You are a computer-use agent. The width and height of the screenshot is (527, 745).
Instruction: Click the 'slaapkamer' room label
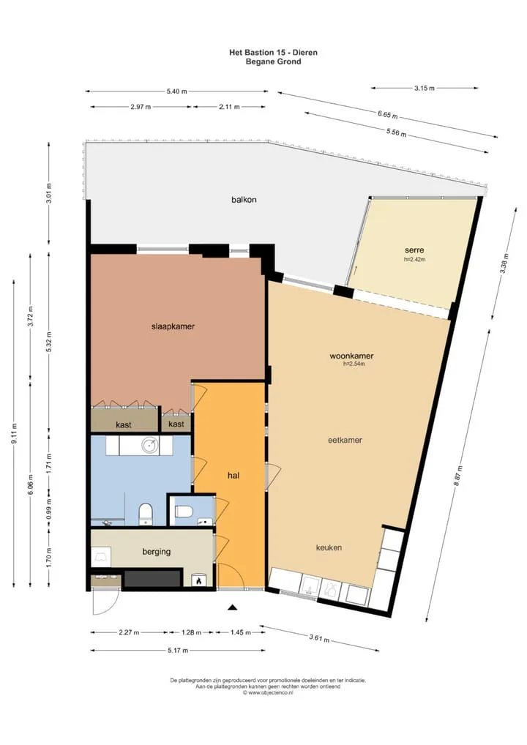[173, 326]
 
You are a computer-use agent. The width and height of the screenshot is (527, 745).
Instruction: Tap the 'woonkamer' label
[351, 356]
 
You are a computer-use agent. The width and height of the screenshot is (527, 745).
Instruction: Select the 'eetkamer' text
[345, 440]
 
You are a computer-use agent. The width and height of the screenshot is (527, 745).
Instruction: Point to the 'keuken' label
[329, 547]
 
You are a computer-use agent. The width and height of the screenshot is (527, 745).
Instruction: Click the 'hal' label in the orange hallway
[233, 475]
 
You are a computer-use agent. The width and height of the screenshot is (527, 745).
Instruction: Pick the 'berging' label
[157, 552]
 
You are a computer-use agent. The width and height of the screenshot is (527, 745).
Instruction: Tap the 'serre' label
[414, 250]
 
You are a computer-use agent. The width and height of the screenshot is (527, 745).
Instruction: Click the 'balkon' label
[244, 200]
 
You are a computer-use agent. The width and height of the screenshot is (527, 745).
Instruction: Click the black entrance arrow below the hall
[232, 607]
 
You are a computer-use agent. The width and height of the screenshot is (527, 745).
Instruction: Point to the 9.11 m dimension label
[14, 433]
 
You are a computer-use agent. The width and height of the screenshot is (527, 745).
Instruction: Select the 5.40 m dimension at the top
[177, 91]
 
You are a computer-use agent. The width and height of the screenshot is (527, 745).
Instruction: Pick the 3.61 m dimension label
[319, 638]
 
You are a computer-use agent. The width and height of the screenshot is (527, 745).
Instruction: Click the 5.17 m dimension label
[178, 651]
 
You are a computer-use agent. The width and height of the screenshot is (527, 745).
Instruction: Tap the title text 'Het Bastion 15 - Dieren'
[273, 52]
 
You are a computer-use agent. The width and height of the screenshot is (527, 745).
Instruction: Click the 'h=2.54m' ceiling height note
[354, 364]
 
